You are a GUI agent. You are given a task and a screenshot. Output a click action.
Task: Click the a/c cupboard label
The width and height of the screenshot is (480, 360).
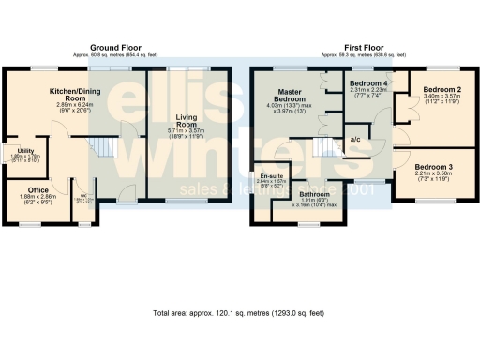click(356, 140)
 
